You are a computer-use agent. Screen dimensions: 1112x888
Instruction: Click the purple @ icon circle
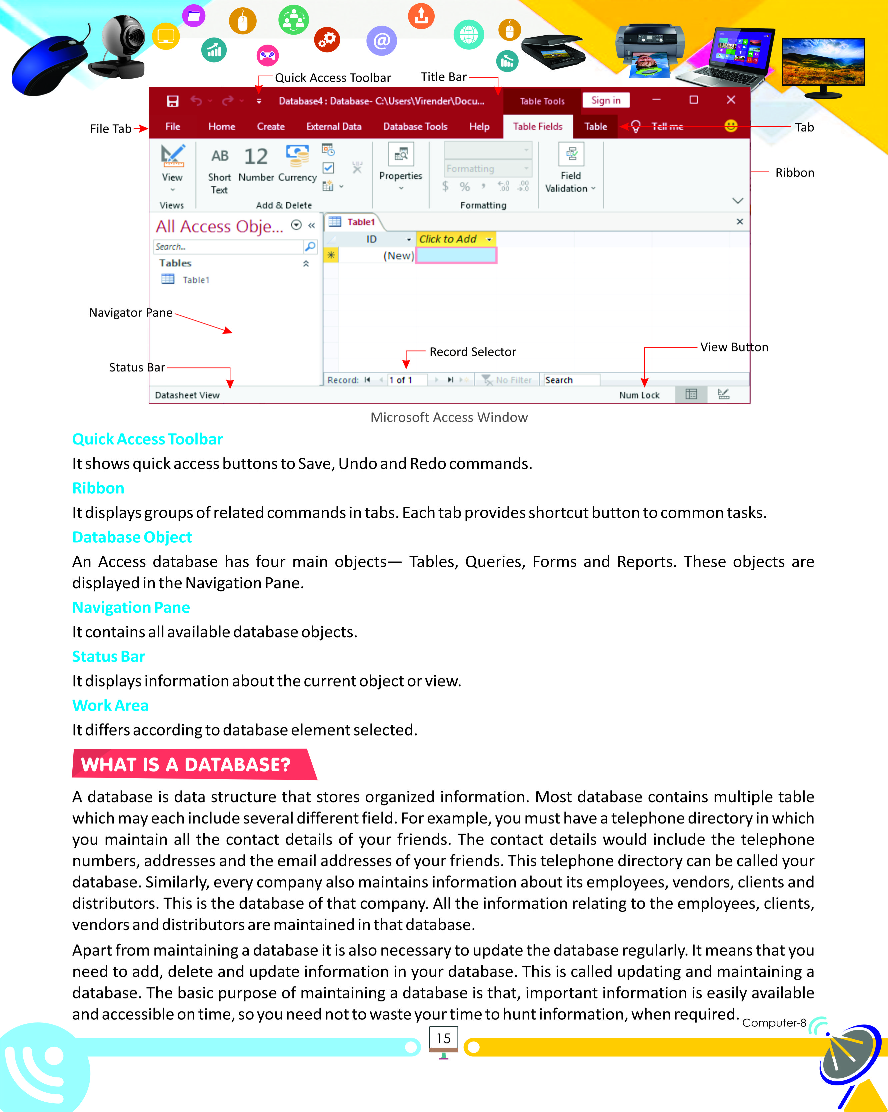coord(381,41)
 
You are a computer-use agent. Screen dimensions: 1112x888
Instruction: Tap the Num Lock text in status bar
coord(639,395)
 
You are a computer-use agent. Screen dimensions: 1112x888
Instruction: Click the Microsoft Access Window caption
coord(449,417)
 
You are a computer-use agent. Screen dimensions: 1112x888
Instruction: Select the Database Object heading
coord(132,537)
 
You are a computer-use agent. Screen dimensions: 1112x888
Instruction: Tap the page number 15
coord(443,1038)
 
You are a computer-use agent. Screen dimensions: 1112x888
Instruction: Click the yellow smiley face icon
coord(731,126)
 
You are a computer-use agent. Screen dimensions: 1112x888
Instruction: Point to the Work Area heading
coord(110,705)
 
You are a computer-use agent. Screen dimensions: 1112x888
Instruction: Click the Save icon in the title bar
coord(172,101)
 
